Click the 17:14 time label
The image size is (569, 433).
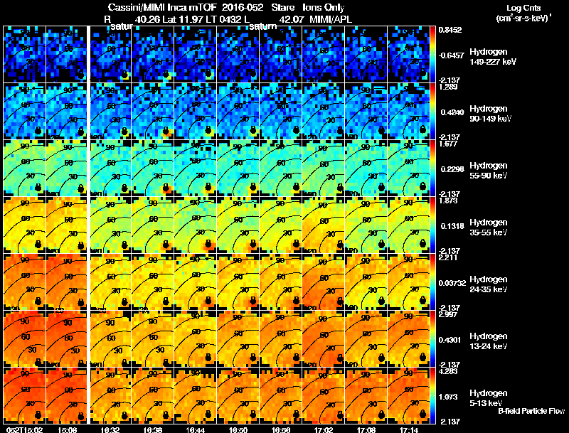point(410,429)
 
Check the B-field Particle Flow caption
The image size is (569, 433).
point(531,411)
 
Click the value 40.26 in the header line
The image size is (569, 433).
point(147,19)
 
